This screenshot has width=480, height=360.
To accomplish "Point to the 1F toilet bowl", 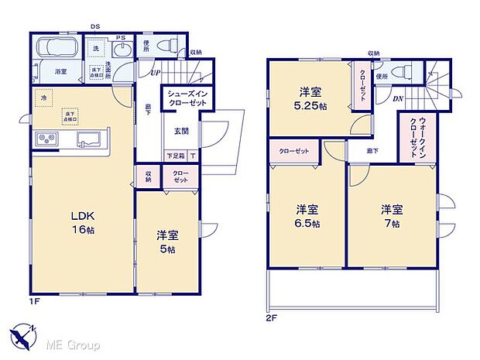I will (x=167, y=46).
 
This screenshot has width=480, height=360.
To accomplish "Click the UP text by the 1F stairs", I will (x=155, y=73).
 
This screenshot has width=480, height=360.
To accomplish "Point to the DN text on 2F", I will (x=396, y=98).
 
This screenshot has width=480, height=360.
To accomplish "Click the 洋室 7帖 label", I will (x=390, y=216).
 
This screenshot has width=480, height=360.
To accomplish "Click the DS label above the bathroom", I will (x=94, y=27).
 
